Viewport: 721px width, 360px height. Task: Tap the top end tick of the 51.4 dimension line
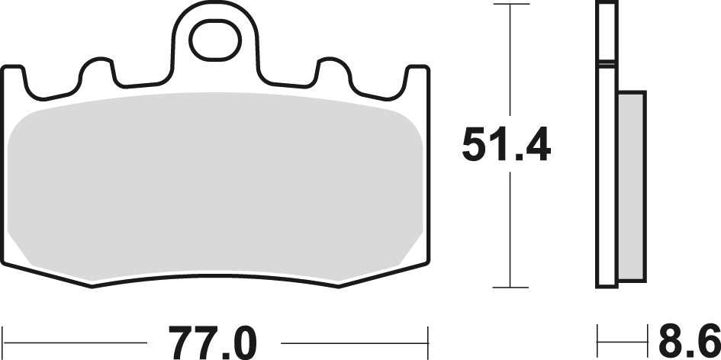511,5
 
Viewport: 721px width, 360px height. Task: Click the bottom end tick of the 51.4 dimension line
511,288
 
